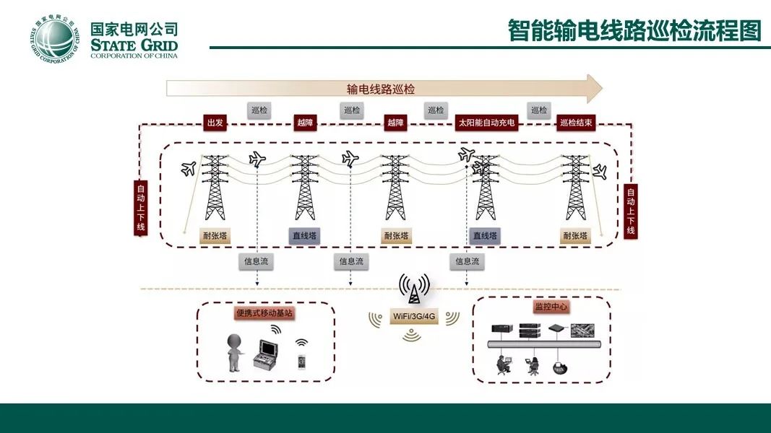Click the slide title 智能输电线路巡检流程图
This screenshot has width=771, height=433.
pos(635,30)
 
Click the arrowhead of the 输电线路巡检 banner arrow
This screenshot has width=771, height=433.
pos(594,89)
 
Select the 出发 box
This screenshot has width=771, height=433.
pos(215,123)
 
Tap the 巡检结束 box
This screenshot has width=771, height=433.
pos(577,123)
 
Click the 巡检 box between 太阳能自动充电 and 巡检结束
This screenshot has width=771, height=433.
pos(539,110)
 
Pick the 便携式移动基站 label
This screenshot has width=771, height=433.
pos(264,313)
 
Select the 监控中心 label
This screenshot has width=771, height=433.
pos(551,307)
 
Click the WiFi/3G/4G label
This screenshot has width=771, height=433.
pos(414,316)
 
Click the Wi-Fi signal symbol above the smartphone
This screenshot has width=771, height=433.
pos(301,342)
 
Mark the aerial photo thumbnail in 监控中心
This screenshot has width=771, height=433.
pos(582,331)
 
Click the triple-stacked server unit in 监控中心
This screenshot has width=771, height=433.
pos(529,330)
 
